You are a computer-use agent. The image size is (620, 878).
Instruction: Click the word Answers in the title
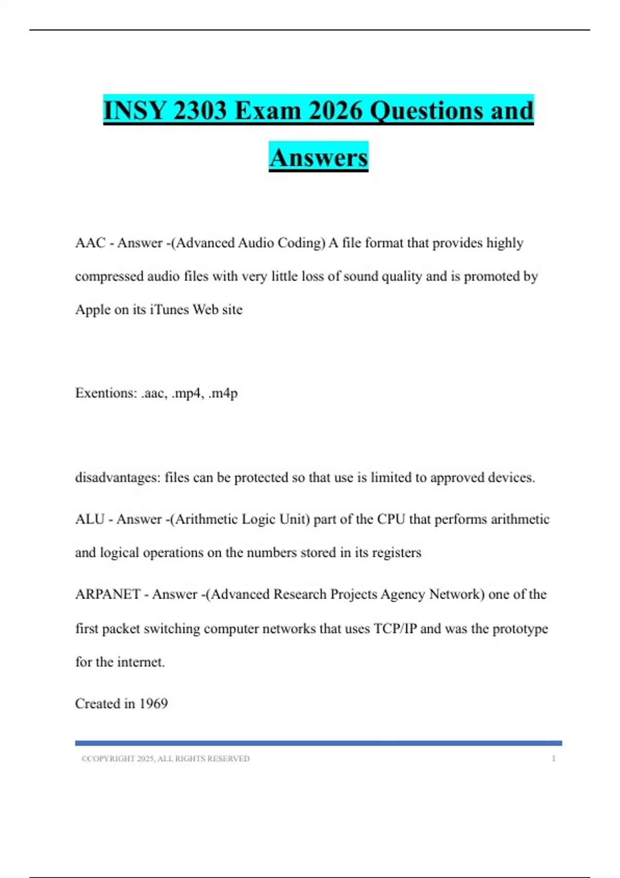click(x=318, y=158)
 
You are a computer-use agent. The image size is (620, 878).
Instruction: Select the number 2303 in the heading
click(x=199, y=111)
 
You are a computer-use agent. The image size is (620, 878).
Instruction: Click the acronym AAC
click(x=90, y=243)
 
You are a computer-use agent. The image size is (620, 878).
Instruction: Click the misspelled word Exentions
click(x=106, y=393)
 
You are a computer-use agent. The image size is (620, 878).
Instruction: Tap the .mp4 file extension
click(x=187, y=393)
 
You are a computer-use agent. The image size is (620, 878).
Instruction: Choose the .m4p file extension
click(x=223, y=393)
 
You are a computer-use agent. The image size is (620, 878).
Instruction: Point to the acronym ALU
click(x=90, y=519)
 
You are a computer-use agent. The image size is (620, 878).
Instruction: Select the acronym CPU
click(x=391, y=519)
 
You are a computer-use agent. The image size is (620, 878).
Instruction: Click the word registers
click(x=396, y=553)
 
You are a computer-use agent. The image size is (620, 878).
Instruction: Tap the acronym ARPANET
click(x=107, y=594)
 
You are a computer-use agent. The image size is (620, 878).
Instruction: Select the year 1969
click(x=153, y=703)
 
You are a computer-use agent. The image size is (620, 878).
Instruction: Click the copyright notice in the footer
click(x=165, y=759)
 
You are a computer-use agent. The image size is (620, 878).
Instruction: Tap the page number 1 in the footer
click(x=553, y=759)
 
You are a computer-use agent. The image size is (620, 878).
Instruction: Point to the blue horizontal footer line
click(x=318, y=743)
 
